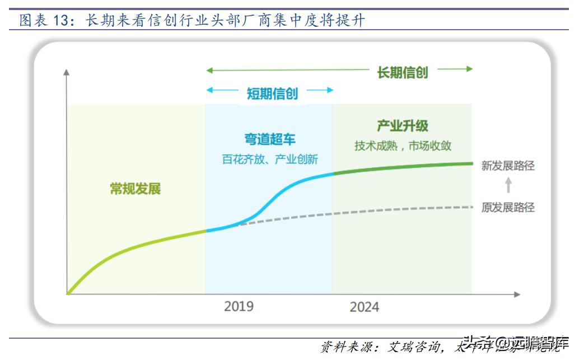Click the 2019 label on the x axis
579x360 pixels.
pos(239,306)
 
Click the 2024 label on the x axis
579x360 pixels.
pos(365,307)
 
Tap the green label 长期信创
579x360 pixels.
pos(402,72)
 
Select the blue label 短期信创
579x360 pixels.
pos(272,93)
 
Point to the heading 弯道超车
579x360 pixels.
pos(270,139)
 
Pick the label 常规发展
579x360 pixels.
pos(135,189)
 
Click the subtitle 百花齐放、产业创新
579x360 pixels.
pos(270,159)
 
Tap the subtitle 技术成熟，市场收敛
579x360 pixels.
pos(403,146)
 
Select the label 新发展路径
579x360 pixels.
pos(508,166)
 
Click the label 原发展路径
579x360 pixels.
pos(508,208)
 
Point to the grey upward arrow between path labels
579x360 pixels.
pos(508,185)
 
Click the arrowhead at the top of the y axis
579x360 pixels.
pos(67,72)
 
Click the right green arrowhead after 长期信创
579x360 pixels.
pos(469,69)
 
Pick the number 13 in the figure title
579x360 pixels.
pos(65,21)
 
